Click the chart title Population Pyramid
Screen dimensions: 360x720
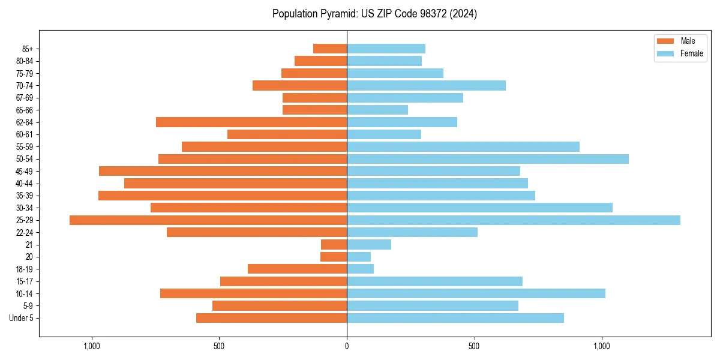point(374,14)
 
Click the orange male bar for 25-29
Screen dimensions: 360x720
point(208,220)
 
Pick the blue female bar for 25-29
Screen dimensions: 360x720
point(514,220)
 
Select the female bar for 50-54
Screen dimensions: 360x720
point(488,159)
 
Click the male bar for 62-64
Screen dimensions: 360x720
point(251,122)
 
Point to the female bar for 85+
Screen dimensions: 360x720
point(386,49)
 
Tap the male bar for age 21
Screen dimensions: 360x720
point(334,245)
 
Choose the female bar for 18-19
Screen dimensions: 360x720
point(360,269)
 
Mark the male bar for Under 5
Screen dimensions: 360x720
point(271,318)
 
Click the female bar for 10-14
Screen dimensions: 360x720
point(476,293)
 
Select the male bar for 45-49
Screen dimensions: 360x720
point(223,171)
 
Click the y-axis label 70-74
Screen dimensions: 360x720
point(25,86)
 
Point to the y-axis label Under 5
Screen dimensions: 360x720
point(22,318)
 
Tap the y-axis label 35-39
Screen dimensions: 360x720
point(25,196)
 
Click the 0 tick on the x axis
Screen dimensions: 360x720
point(347,346)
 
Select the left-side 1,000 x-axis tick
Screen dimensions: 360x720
point(91,346)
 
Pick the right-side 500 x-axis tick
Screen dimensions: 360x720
point(474,346)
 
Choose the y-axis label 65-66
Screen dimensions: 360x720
point(25,110)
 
